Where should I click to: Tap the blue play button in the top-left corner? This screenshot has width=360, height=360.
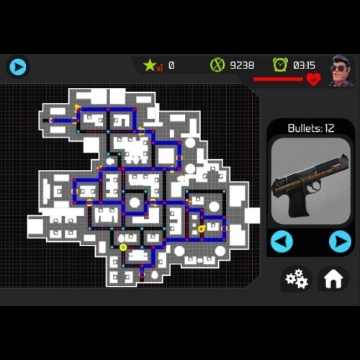[x=18, y=66]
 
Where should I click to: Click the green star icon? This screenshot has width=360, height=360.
[x=150, y=65]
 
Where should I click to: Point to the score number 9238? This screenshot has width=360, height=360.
[x=242, y=66]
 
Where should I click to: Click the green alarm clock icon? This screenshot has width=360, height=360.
[x=280, y=65]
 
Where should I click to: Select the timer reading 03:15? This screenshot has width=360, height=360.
[x=304, y=66]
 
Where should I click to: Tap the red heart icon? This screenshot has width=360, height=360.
[x=313, y=79]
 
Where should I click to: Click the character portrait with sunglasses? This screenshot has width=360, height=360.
[x=341, y=71]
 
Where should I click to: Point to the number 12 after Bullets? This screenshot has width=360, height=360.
[x=330, y=128]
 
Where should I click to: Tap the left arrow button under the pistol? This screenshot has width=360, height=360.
[x=282, y=241]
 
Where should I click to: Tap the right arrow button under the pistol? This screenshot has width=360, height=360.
[x=340, y=241]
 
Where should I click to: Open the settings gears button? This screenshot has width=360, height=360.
[x=297, y=279]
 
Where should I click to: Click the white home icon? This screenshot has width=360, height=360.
[x=333, y=279]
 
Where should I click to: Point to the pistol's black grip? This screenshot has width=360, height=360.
[x=297, y=203]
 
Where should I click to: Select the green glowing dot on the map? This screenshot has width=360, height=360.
[x=123, y=247]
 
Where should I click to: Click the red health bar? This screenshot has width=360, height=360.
[x=279, y=79]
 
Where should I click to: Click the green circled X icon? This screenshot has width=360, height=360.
[x=217, y=65]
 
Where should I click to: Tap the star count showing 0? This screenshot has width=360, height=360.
[x=171, y=66]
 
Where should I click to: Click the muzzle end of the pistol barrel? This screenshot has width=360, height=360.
[x=346, y=161]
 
